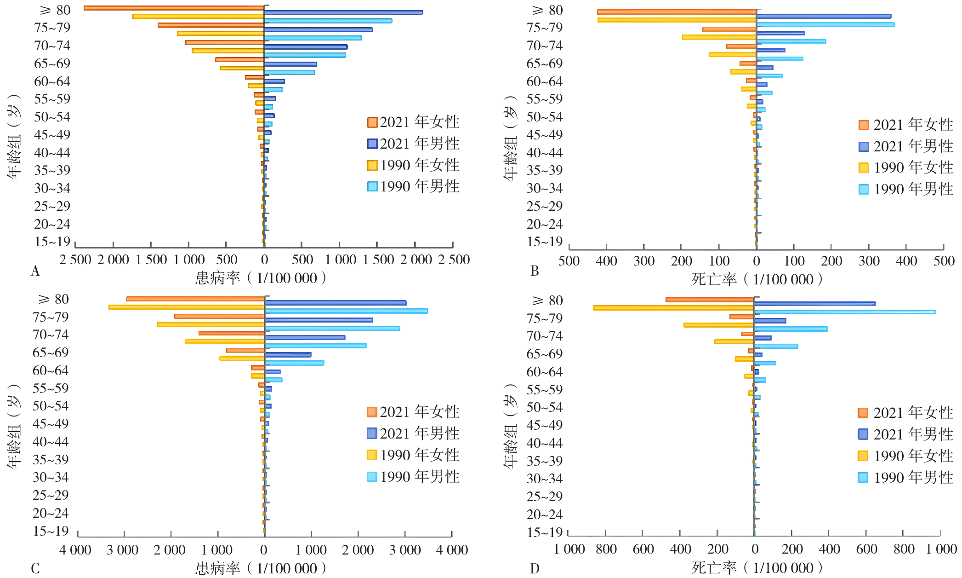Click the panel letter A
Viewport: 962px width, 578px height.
35,272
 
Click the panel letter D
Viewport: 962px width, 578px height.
534,569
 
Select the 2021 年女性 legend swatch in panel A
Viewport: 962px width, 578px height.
372,122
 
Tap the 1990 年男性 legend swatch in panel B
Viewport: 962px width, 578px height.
864,189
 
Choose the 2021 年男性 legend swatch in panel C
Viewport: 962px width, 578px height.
372,433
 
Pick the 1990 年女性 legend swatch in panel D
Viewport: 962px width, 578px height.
863,456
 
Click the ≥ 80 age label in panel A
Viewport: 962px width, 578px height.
55,10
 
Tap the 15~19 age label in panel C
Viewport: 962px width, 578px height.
51,531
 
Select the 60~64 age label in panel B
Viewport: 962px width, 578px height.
544,81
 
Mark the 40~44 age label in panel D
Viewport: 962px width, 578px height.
544,443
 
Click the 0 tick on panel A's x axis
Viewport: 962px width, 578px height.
264,260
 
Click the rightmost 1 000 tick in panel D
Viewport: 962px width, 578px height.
941,549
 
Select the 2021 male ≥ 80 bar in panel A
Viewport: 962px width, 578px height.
343,12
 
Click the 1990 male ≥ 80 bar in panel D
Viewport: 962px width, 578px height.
845,312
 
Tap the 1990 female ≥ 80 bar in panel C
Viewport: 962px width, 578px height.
186,307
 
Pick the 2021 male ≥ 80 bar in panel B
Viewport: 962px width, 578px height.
824,16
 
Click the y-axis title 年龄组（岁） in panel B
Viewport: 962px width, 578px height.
510,138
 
